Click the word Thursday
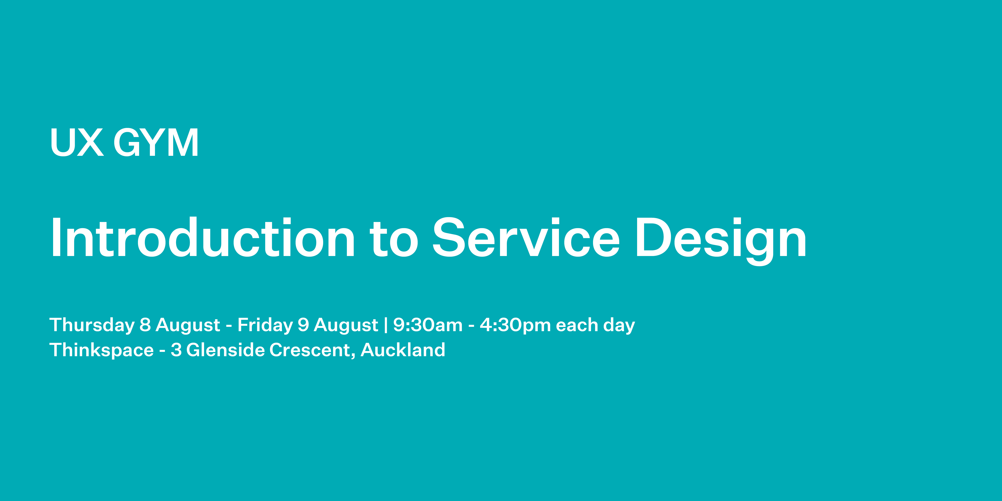tap(92, 325)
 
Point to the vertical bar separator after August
tap(385, 325)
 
